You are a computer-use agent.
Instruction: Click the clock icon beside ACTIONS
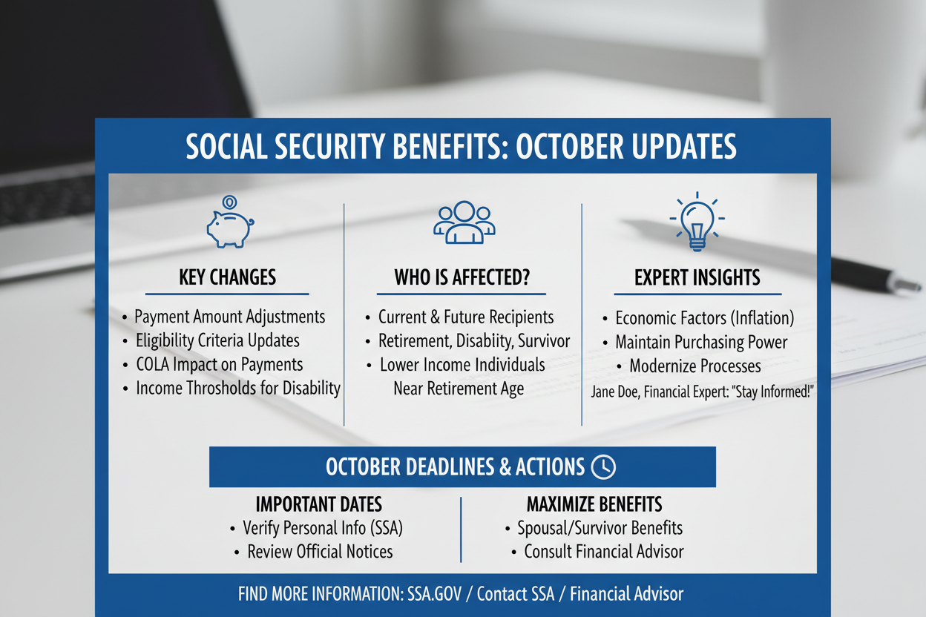pyautogui.click(x=603, y=467)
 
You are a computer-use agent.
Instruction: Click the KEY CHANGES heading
pyautogui.click(x=227, y=277)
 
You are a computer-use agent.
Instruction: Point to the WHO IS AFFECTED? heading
pyautogui.click(x=462, y=277)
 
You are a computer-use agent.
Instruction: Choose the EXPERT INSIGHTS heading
pyautogui.click(x=697, y=277)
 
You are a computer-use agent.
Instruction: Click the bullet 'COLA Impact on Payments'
pyautogui.click(x=220, y=365)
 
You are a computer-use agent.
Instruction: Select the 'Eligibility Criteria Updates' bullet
pyautogui.click(x=217, y=340)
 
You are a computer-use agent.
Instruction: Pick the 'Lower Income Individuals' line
pyautogui.click(x=462, y=365)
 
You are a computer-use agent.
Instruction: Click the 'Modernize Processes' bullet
pyautogui.click(x=695, y=366)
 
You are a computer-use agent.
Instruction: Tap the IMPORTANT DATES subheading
pyautogui.click(x=319, y=504)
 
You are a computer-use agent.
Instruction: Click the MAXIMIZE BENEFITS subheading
pyautogui.click(x=594, y=504)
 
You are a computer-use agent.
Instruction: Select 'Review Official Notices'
pyautogui.click(x=320, y=552)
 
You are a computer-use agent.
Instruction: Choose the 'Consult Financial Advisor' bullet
pyautogui.click(x=604, y=552)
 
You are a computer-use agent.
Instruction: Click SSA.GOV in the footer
pyautogui.click(x=434, y=594)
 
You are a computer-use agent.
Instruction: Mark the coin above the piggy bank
pyautogui.click(x=229, y=202)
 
